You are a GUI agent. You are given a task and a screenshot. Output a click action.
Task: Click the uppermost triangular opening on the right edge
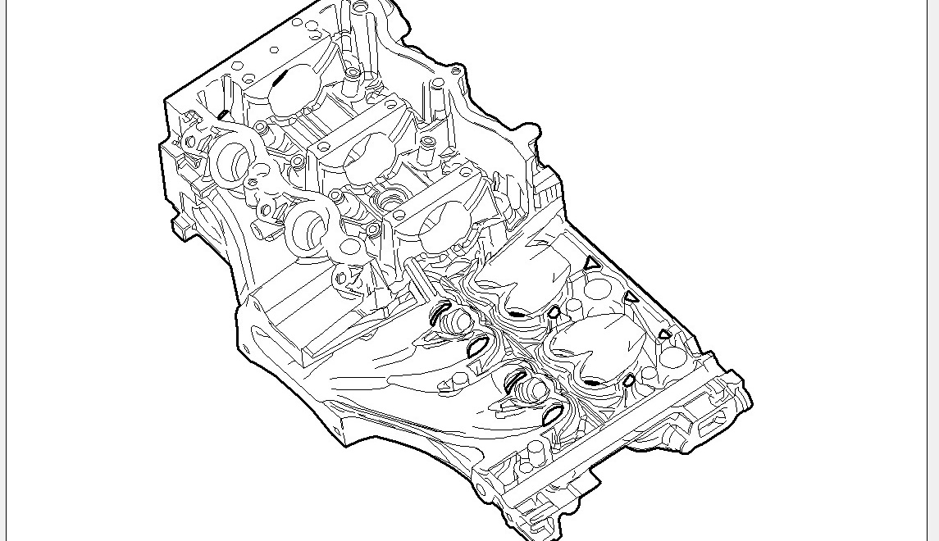tap(591, 263)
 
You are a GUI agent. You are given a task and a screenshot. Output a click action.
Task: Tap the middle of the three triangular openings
tap(631, 298)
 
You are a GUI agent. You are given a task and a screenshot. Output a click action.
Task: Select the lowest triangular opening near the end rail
tap(664, 334)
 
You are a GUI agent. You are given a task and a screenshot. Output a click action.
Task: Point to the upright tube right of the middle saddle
tap(427, 148)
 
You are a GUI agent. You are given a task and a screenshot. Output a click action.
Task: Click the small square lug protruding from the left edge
tap(178, 225)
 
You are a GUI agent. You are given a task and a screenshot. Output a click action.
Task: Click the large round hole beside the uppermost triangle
tap(598, 289)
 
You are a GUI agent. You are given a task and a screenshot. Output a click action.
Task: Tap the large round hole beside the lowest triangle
tap(672, 357)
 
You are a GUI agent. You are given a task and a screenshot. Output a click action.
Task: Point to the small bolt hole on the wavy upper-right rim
tap(456, 72)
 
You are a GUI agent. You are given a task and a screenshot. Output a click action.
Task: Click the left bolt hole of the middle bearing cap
tap(324, 148)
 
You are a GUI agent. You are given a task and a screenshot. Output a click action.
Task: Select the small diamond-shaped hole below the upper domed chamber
tap(554, 312)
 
